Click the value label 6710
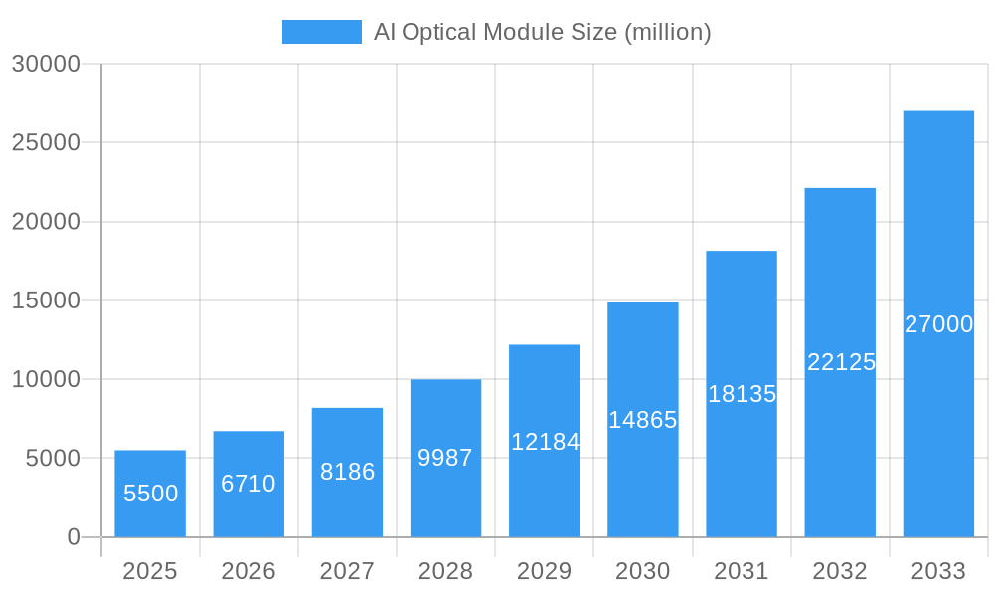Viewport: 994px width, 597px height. [248, 485]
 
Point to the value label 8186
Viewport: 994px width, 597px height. [347, 472]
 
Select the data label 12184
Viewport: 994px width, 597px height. [545, 442]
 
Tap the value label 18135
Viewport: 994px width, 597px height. [742, 394]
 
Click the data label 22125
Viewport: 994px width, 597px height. [841, 362]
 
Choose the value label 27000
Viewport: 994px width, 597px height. [938, 324]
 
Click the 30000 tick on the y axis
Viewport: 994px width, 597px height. [46, 64]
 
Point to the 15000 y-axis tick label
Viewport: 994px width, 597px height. [46, 300]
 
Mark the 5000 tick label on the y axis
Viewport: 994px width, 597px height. [52, 459]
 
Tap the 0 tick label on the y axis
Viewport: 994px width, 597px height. [74, 537]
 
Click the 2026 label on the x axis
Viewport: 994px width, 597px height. [248, 571]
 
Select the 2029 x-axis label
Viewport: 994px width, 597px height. [545, 571]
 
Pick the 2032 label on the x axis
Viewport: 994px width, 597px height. [840, 571]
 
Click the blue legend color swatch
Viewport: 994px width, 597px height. [321, 32]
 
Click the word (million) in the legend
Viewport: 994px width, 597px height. [667, 32]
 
